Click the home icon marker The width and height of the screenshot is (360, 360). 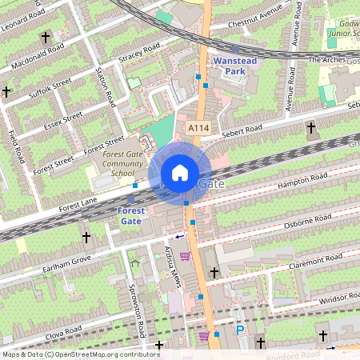180,173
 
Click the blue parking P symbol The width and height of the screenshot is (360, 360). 239,330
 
